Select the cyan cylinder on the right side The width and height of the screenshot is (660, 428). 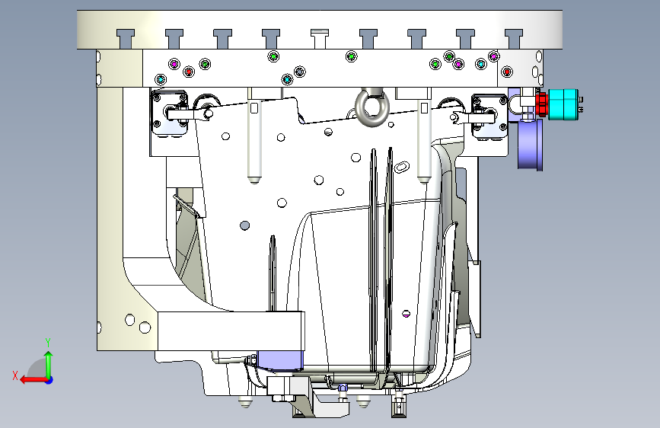coord(563,104)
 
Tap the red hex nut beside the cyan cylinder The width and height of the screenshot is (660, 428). coord(542,104)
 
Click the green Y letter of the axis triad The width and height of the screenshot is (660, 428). coord(48,343)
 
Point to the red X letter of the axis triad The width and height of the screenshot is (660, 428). coord(15,375)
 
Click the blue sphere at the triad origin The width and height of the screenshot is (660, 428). coord(49,380)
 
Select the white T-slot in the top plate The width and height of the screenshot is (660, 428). coord(320,38)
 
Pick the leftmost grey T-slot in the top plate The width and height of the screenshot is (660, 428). coord(126,39)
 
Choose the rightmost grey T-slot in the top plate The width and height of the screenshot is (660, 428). coord(514,39)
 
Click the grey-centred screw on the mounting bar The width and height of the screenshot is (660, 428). coord(299,72)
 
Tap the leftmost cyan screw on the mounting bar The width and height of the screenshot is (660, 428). coord(161,79)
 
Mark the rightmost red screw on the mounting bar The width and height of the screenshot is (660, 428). coord(507,72)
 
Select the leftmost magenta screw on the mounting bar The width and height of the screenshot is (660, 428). coord(174,64)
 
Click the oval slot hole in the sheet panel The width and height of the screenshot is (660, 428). coord(401,167)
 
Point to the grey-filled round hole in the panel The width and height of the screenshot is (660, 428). coord(244,225)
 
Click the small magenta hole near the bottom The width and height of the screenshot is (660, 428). coord(407,314)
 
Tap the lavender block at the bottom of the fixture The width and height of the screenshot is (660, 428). coord(280,360)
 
